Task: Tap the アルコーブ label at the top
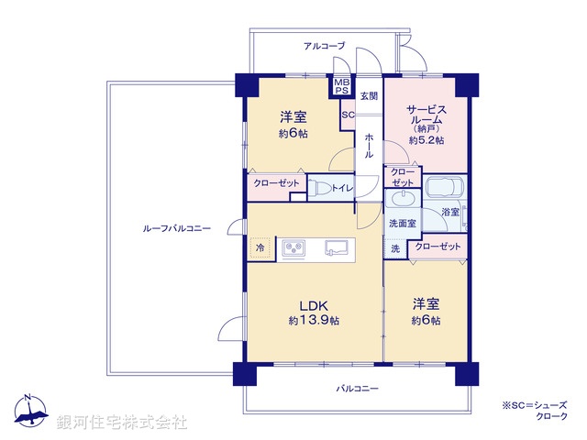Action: pyautogui.click(x=324, y=45)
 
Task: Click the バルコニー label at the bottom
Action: pyautogui.click(x=357, y=390)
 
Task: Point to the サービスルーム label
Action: pyautogui.click(x=426, y=113)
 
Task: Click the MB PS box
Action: pyautogui.click(x=342, y=86)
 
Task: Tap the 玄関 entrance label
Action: pyautogui.click(x=369, y=95)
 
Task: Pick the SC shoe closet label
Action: pyautogui.click(x=348, y=115)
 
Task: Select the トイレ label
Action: pyautogui.click(x=342, y=188)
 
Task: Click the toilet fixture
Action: pyautogui.click(x=318, y=188)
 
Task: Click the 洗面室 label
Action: pyautogui.click(x=402, y=223)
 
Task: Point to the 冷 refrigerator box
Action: pyautogui.click(x=260, y=247)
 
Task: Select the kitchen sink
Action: pyautogui.click(x=336, y=247)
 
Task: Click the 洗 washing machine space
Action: pyautogui.click(x=395, y=247)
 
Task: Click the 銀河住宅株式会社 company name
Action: pyautogui.click(x=122, y=422)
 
